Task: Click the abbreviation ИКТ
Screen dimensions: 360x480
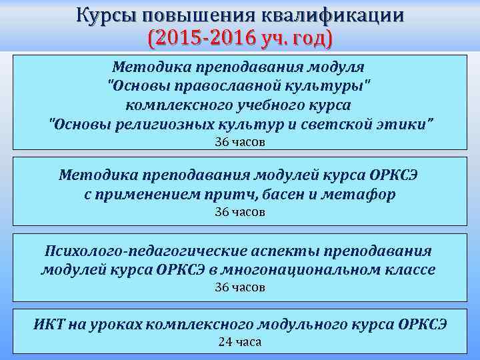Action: tap(48, 325)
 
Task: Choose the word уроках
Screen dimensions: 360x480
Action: tap(113, 325)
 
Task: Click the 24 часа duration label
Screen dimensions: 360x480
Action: tap(240, 342)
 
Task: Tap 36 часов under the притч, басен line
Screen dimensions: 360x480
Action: tap(240, 212)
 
